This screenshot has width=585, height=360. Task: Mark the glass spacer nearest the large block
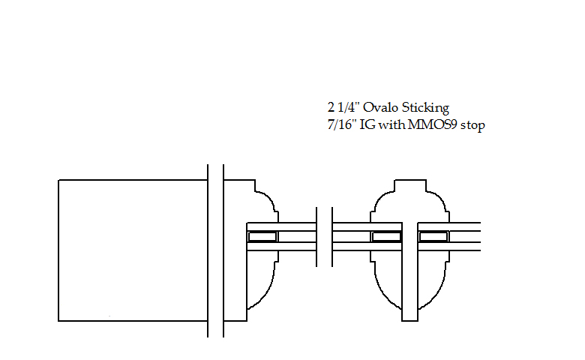262,236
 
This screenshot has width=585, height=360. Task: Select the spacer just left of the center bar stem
386,236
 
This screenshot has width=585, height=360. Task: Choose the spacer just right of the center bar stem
433,236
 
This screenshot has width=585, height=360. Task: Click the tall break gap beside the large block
215,250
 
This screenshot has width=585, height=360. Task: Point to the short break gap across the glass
325,236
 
